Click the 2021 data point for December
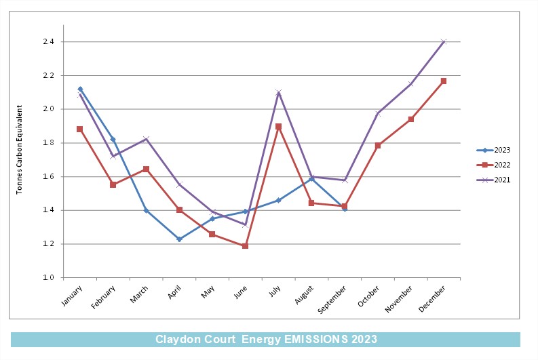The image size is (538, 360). (444, 42)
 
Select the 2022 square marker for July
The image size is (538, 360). (278, 127)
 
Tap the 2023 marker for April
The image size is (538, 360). (179, 239)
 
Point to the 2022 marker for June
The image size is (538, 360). (245, 246)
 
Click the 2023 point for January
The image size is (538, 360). (80, 89)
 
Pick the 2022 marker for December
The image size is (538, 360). (444, 81)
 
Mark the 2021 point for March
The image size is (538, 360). (146, 139)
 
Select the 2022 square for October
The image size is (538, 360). (378, 145)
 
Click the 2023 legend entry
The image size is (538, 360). (494, 150)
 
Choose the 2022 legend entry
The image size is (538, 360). (494, 165)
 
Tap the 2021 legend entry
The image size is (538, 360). (494, 180)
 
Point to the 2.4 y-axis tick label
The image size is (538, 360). (48, 41)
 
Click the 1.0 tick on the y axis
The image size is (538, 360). (48, 277)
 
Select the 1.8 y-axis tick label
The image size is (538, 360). (48, 142)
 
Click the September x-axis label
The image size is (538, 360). (332, 300)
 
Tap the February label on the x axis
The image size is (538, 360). (103, 297)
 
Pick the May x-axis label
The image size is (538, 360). (208, 292)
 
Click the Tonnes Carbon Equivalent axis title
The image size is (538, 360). (19, 149)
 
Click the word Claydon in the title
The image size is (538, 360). (178, 339)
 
